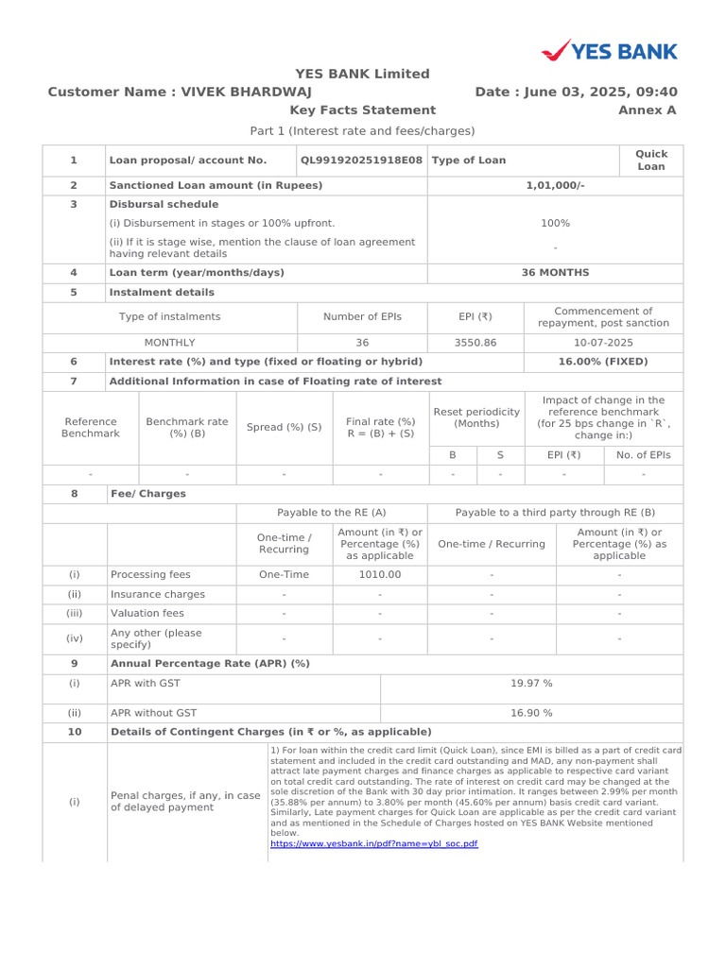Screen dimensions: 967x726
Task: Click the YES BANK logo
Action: pyautogui.click(x=609, y=50)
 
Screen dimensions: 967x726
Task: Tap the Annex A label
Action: pyautogui.click(x=647, y=110)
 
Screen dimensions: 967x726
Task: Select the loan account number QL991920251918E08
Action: pyautogui.click(x=362, y=161)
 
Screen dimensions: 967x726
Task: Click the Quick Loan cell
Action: pyautogui.click(x=650, y=160)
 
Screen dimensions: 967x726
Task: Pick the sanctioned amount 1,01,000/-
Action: pyautogui.click(x=555, y=185)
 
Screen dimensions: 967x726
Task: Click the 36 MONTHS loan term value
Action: pyautogui.click(x=555, y=273)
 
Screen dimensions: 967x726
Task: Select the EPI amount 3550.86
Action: pyautogui.click(x=475, y=343)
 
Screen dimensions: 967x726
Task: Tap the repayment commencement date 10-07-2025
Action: pyautogui.click(x=603, y=343)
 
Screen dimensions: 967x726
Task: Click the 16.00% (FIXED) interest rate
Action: pyautogui.click(x=603, y=362)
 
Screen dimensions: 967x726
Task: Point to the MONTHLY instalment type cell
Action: pyautogui.click(x=169, y=343)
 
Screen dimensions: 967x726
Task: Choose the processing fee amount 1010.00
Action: pyautogui.click(x=379, y=574)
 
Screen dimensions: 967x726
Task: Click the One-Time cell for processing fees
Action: pyautogui.click(x=284, y=574)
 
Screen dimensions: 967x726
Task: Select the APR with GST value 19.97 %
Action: pyautogui.click(x=531, y=683)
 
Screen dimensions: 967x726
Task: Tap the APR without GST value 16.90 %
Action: pyautogui.click(x=531, y=713)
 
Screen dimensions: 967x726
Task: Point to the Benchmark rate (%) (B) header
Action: pyautogui.click(x=187, y=427)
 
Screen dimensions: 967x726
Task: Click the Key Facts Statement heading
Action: pyautogui.click(x=349, y=110)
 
